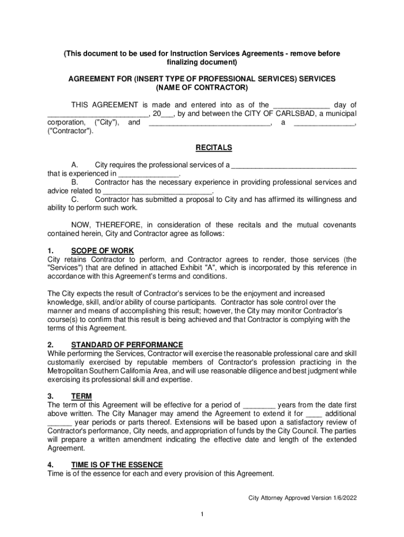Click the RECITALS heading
coord(202,148)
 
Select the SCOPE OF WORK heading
coord(102,251)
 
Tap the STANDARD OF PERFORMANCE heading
coord(127,345)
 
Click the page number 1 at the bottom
coord(202,513)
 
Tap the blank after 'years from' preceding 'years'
coord(259,405)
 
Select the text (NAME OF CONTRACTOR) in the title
coord(202,87)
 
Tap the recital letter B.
coord(75,182)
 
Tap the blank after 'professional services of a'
coord(294,165)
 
